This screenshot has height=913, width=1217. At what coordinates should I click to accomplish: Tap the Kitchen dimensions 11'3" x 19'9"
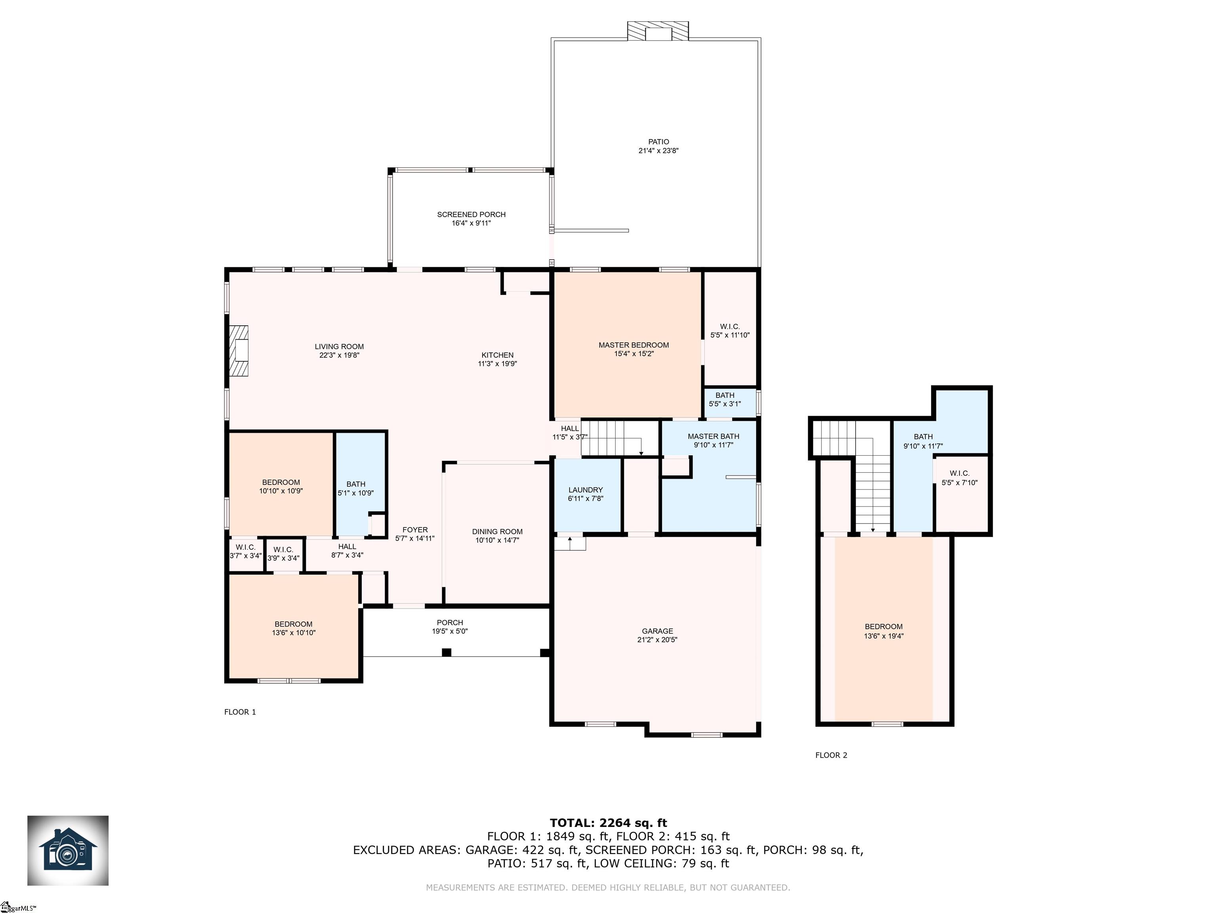[x=497, y=364]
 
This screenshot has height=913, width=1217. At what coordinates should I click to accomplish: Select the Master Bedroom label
[x=634, y=345]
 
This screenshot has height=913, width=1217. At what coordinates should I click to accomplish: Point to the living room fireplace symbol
[x=239, y=351]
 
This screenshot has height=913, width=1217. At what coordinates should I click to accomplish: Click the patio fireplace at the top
[x=658, y=31]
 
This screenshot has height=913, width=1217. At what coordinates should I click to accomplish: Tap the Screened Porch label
[x=471, y=215]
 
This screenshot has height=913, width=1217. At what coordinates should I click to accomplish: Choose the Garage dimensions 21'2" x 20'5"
[x=658, y=640]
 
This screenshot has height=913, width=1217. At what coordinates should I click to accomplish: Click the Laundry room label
[x=586, y=490]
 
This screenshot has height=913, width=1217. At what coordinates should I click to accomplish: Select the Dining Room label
[x=497, y=532]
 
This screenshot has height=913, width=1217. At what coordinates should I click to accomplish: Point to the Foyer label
[x=415, y=530]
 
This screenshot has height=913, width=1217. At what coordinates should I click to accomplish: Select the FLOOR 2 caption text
[x=831, y=755]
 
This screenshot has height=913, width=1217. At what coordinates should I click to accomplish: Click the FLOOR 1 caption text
[x=240, y=712]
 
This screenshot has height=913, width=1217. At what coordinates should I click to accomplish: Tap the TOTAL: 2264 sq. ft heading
[x=608, y=823]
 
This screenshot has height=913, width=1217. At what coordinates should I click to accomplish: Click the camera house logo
[x=68, y=850]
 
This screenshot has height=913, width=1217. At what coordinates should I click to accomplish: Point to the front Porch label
[x=450, y=623]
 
